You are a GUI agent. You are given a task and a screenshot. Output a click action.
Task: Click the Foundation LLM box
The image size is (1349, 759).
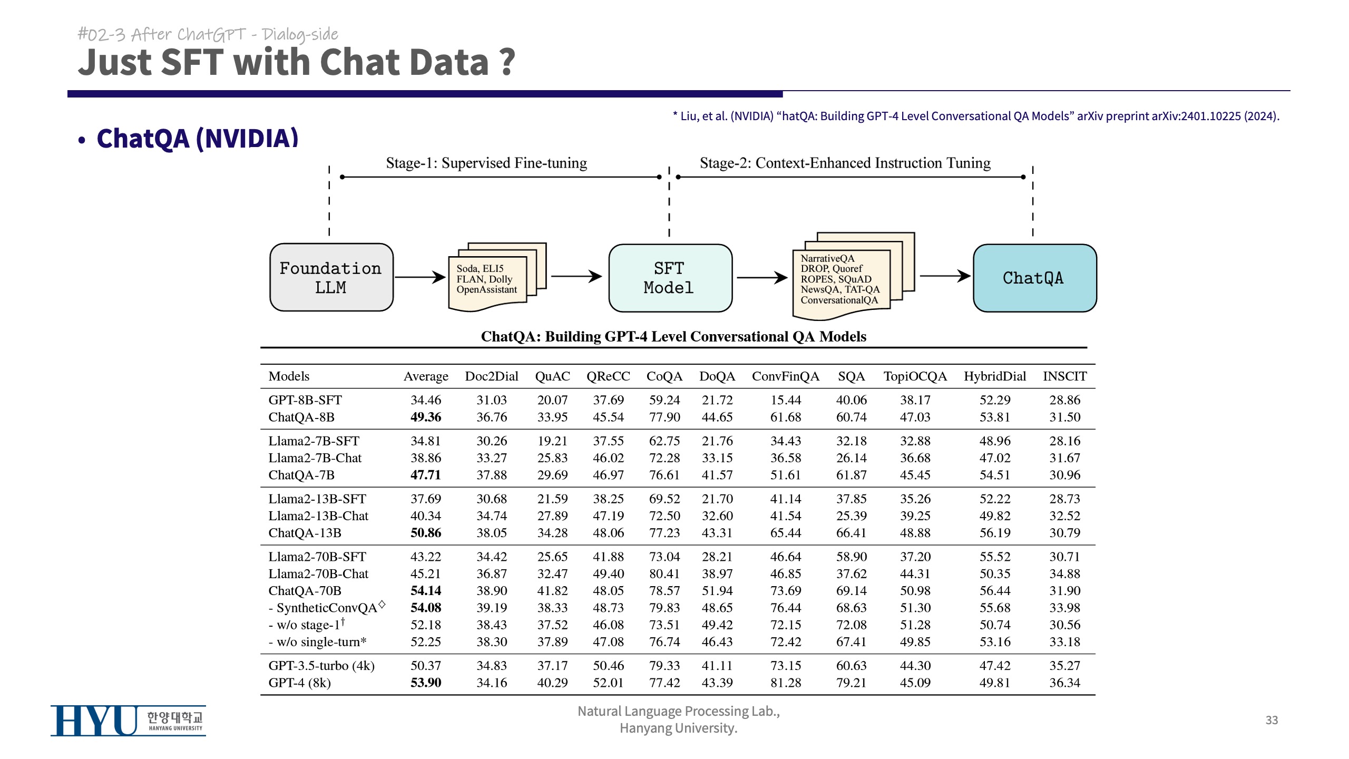[331, 278]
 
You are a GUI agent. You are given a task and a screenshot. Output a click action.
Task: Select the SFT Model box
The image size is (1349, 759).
[670, 278]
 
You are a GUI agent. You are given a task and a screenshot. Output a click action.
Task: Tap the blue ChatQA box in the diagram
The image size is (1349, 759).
[1034, 278]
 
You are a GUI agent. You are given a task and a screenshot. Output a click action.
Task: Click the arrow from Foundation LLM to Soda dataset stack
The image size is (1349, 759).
[420, 277]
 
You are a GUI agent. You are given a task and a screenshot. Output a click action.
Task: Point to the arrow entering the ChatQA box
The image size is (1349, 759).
[944, 276]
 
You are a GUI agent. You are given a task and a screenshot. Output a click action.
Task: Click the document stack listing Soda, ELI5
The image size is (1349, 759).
[493, 278]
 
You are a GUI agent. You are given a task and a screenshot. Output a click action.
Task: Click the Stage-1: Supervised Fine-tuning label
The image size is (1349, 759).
[486, 163]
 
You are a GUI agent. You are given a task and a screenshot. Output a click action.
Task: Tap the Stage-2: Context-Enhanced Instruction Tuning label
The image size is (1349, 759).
[845, 163]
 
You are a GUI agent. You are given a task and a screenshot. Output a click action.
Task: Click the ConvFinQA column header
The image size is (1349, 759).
[785, 376]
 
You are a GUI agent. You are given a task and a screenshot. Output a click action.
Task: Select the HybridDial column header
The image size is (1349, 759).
[994, 376]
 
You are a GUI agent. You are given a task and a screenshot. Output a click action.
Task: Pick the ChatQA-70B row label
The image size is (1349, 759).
[305, 591]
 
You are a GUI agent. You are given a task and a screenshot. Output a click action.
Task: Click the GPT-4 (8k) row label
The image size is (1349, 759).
[299, 683]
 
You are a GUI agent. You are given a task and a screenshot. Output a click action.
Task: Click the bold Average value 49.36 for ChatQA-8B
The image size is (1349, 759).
[426, 417]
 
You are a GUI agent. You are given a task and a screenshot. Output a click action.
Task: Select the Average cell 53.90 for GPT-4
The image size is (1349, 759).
[426, 683]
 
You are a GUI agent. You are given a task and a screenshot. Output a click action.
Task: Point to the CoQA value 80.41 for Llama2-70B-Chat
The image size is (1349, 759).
[664, 574]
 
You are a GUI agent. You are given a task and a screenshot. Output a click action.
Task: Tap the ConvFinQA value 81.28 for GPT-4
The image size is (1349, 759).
[785, 683]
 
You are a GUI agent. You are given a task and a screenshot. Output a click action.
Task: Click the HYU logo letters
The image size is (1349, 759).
[94, 721]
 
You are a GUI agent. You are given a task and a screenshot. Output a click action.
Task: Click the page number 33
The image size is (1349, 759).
[1272, 721]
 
